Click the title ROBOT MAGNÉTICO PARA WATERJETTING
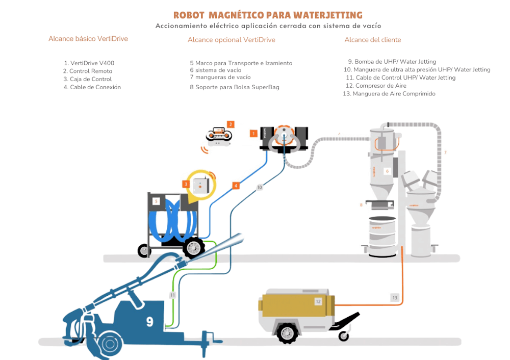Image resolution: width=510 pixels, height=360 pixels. click(x=268, y=15)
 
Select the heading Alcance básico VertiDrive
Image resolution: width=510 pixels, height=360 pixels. click(x=88, y=39)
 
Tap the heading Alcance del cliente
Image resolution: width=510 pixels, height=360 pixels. click(x=373, y=40)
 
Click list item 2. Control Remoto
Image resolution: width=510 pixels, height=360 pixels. click(x=88, y=71)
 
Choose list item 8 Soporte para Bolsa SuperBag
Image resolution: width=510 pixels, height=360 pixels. click(x=235, y=87)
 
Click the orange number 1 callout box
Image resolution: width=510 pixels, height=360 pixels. click(x=253, y=134)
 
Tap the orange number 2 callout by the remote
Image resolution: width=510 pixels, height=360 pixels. click(x=231, y=124)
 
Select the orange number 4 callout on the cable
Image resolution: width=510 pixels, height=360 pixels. click(x=236, y=186)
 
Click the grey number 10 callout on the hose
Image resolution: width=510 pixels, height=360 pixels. click(x=260, y=188)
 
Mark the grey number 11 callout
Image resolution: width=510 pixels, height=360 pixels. click(x=173, y=295)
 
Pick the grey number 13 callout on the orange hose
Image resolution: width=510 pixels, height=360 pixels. click(x=395, y=297)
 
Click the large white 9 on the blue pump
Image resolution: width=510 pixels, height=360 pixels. click(x=149, y=321)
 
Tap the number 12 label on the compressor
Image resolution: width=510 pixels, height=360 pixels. click(x=318, y=301)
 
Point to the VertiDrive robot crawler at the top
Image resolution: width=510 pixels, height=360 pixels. click(x=284, y=138)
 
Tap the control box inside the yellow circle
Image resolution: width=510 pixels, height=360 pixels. click(x=200, y=184)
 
